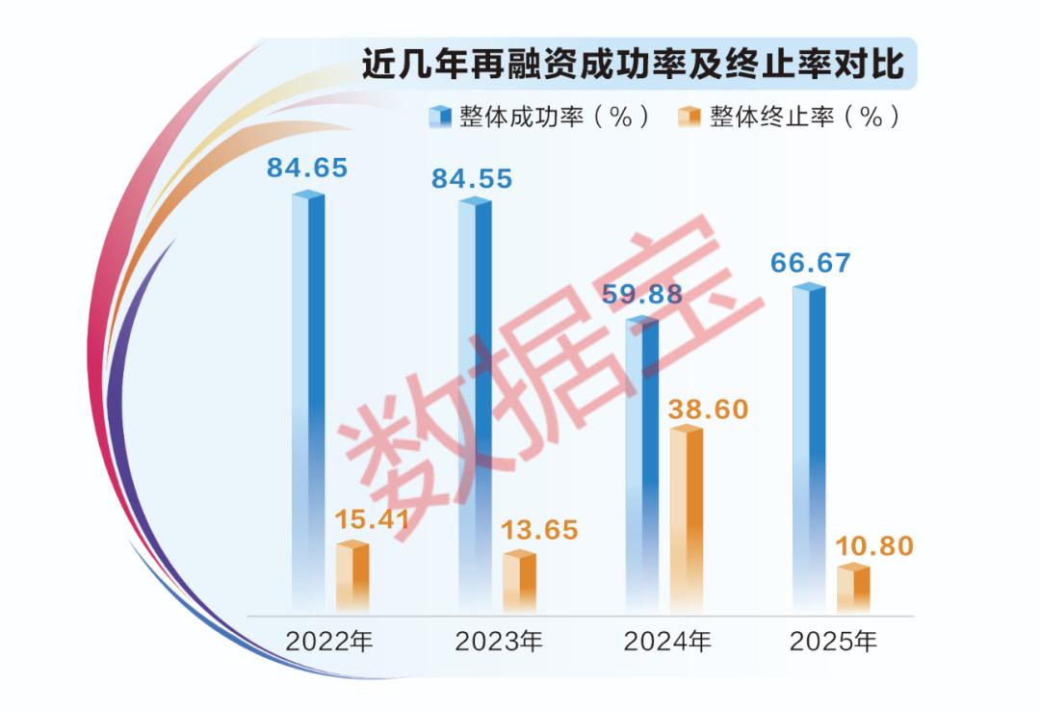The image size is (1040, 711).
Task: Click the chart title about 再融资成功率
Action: point(633,66)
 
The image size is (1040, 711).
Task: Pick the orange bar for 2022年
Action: point(352,577)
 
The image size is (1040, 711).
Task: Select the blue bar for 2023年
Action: point(474,405)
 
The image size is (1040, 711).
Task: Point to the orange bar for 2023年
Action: point(519,582)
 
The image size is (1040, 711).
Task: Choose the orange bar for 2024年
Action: point(687,519)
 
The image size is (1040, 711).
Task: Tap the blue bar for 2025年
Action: point(808,448)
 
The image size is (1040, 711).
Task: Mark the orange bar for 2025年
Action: point(853,589)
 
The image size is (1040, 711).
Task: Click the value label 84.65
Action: point(307,169)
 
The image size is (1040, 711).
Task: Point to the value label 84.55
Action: point(472,178)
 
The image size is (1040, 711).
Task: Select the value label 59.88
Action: point(641,295)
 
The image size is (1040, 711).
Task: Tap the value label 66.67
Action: point(810,263)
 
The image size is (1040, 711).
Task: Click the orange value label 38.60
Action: point(708,408)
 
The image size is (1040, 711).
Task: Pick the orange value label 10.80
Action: point(873,546)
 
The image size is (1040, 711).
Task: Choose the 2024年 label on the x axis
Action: point(667,641)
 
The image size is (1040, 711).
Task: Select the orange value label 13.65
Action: point(538,530)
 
